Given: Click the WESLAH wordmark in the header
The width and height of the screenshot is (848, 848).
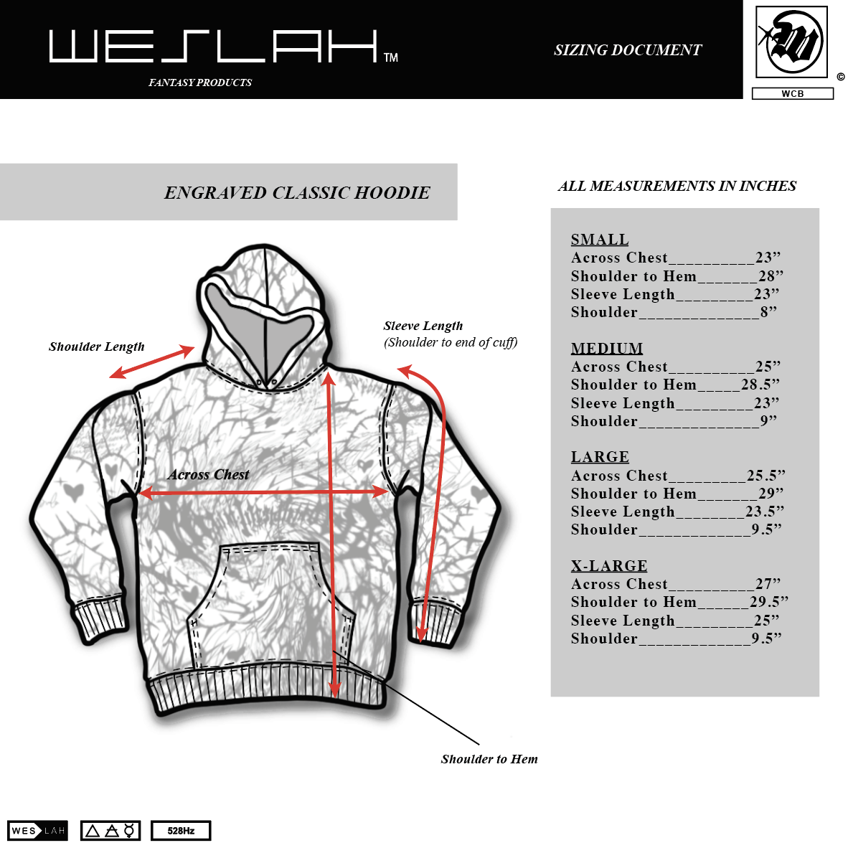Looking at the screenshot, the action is coord(213,47).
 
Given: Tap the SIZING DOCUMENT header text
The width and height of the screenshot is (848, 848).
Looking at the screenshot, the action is coord(627,50).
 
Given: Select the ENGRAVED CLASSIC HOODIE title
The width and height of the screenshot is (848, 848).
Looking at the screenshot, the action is coord(297,193).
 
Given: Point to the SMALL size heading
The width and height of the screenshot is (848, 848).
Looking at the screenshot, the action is coord(600,240).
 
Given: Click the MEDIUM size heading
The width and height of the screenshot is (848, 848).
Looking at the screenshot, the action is coord(607,349).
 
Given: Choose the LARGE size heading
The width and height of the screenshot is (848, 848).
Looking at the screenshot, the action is coord(600,457).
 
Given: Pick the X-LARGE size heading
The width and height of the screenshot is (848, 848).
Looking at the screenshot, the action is coord(609,566).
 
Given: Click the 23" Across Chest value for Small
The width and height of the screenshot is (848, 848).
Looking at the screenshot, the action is coord(768,258).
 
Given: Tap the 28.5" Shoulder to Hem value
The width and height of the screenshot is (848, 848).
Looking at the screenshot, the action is coord(760,385).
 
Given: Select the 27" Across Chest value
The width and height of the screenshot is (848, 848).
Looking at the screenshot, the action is coord(768,584).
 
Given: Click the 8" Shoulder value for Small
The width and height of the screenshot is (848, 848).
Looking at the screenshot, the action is coord(768,312).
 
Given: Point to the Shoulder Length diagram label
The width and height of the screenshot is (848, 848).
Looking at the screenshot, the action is coord(97,347).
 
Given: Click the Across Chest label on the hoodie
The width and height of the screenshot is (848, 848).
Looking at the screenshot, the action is coord(209,475).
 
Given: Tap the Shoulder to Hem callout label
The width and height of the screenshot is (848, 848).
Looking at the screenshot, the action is coord(489,759).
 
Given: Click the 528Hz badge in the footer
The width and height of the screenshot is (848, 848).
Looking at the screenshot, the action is coord(181,831).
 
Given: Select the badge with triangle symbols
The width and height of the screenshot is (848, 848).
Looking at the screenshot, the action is coord(110,831).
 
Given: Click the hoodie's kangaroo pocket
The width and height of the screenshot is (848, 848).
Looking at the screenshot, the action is coord(270,603).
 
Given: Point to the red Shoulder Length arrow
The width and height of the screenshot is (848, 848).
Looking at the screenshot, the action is coord(152,362).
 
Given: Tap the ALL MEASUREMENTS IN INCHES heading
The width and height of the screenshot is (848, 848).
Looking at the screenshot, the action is coord(677,187).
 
